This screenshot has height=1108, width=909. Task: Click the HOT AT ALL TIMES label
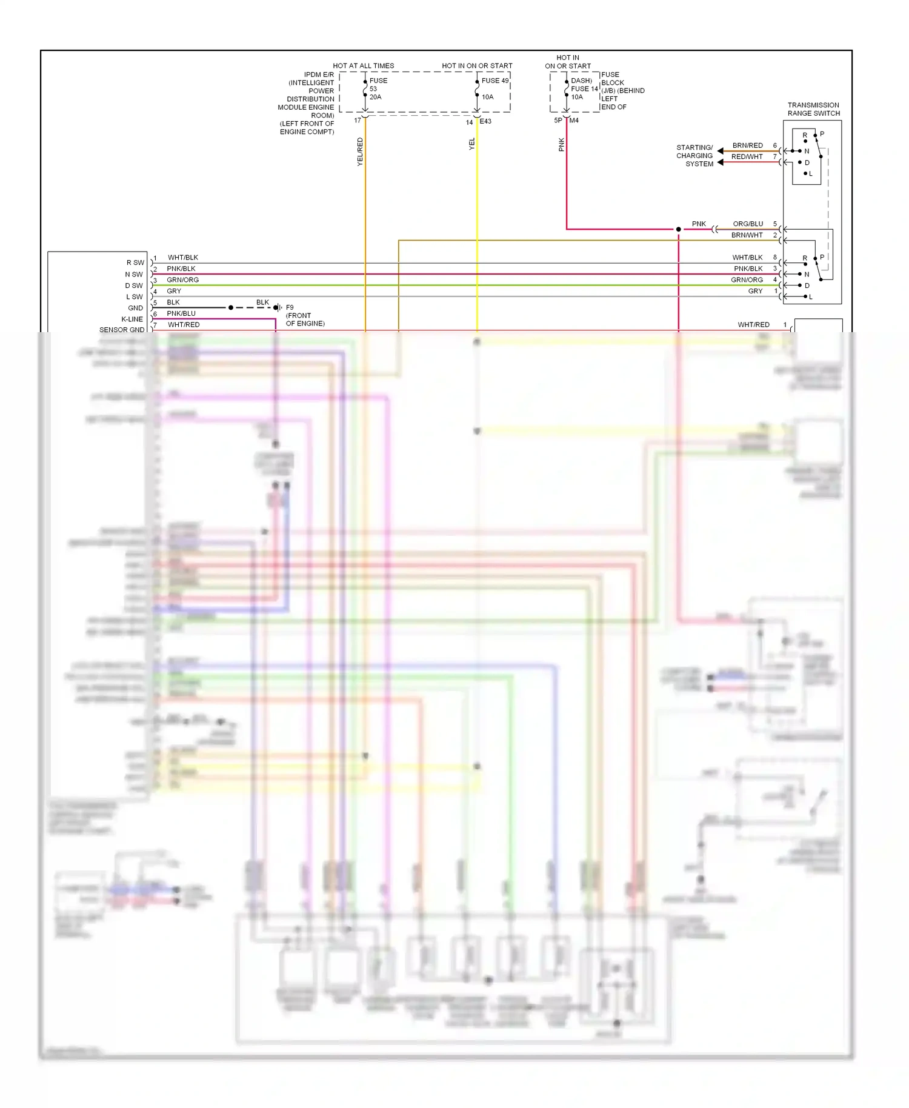coord(363,65)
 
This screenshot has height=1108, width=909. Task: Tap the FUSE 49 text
coord(495,81)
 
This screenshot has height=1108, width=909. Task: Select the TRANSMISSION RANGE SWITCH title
coord(813,109)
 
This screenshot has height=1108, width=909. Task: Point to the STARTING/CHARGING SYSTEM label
coord(694,156)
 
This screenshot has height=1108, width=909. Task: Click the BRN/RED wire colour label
coord(747,145)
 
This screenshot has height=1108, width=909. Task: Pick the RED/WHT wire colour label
coord(747,157)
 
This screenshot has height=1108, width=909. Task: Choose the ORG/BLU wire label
coord(748,224)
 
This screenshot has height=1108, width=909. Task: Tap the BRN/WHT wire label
coord(747,235)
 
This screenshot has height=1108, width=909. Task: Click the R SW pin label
coord(135,262)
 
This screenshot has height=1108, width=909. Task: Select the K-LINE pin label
coord(132,319)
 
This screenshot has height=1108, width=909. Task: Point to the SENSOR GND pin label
coord(122,330)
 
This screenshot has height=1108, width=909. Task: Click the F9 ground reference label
coord(290,307)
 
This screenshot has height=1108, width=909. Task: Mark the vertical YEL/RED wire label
coord(360,152)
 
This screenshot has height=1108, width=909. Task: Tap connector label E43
coord(485,121)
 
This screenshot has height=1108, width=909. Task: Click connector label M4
coord(574,121)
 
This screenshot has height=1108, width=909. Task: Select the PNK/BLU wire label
coord(181,313)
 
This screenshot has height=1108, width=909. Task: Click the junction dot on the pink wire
coord(678,229)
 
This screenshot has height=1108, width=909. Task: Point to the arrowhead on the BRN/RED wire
coord(721,151)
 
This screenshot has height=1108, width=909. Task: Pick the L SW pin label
coord(135,297)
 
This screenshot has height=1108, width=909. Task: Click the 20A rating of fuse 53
coord(375,97)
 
